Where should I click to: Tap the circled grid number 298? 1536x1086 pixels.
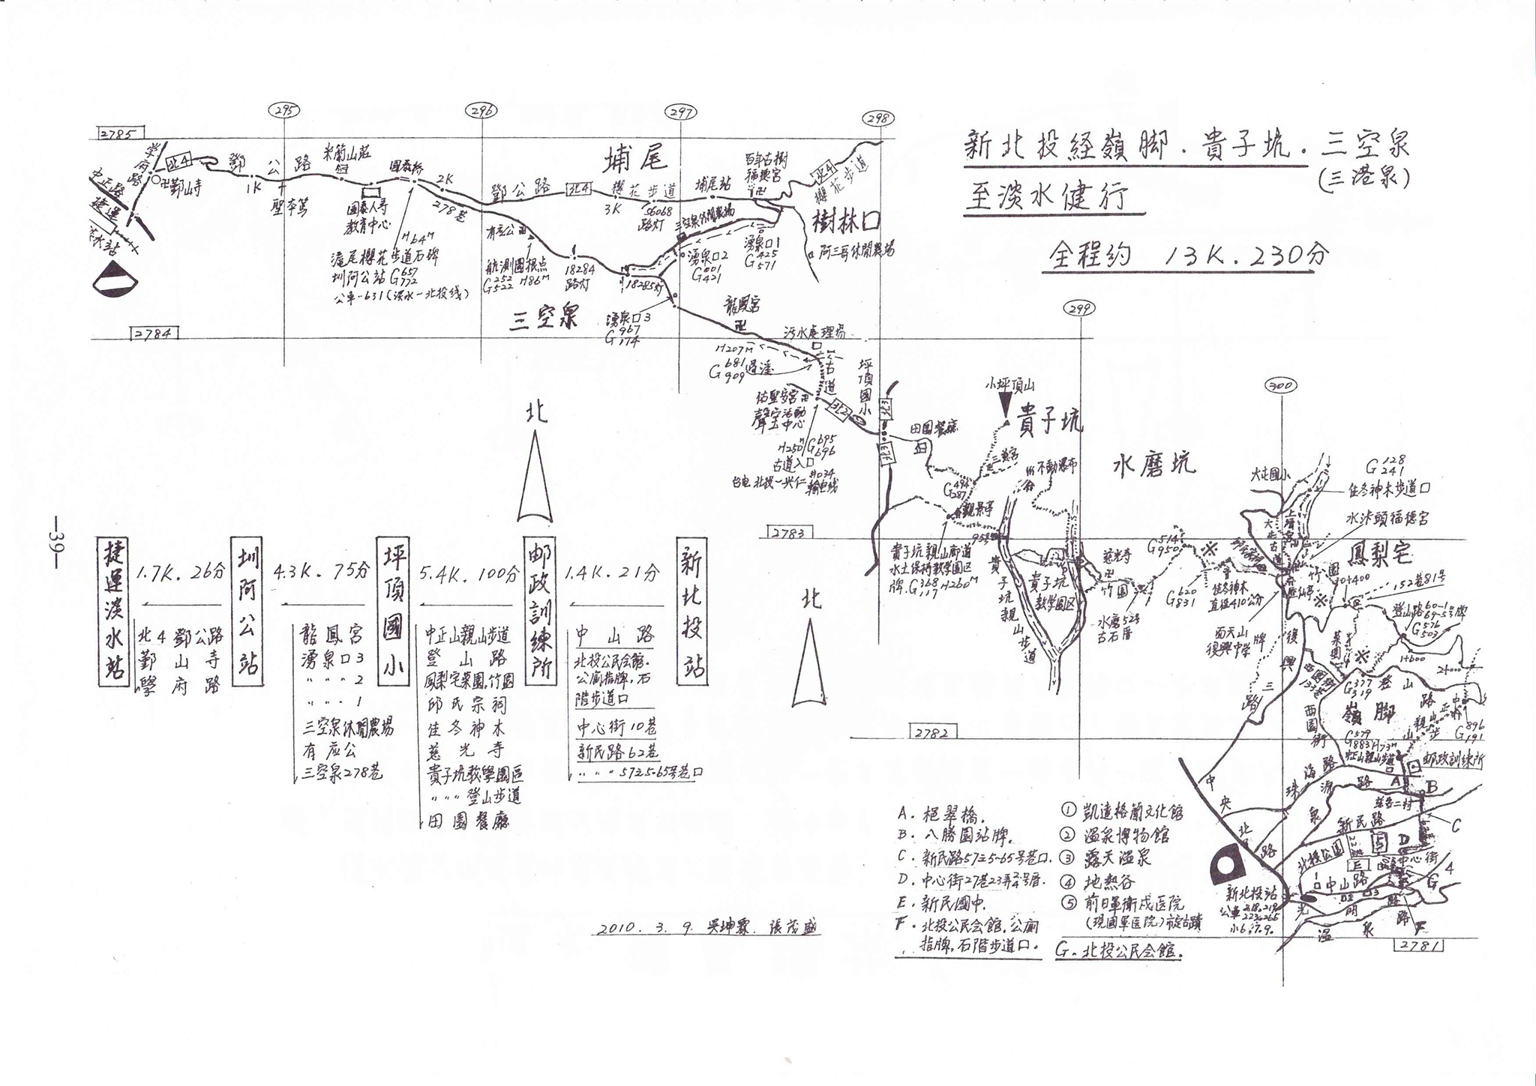pos(878,118)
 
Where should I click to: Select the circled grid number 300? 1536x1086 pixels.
pos(1279,385)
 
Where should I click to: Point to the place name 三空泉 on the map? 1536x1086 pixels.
pos(544,319)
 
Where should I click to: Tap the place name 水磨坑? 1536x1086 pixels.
pos(1153,465)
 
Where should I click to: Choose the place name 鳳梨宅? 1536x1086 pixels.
pos(1380,553)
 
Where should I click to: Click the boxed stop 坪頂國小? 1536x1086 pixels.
pos(393,611)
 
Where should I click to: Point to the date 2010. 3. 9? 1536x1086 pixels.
pos(646,928)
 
